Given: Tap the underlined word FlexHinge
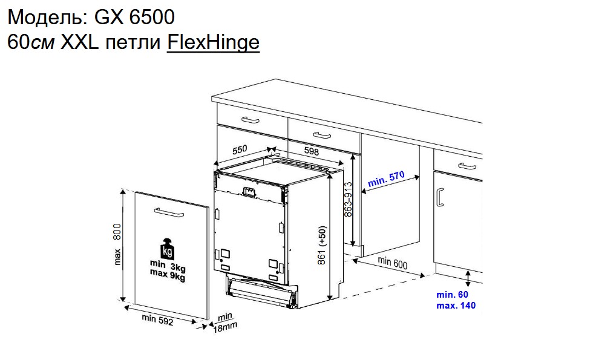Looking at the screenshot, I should (213, 42).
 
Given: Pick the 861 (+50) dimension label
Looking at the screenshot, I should (323, 244).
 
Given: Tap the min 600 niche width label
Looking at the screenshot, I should (392, 263).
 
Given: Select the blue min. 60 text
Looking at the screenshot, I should (452, 295).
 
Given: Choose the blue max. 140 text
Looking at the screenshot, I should (456, 306).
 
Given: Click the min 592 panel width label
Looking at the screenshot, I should (157, 321).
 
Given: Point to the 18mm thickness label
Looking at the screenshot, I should (225, 327).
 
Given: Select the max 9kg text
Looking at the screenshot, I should (168, 277).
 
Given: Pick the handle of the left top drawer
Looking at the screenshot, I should (251, 119).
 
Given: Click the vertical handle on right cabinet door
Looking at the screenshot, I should (441, 197).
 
